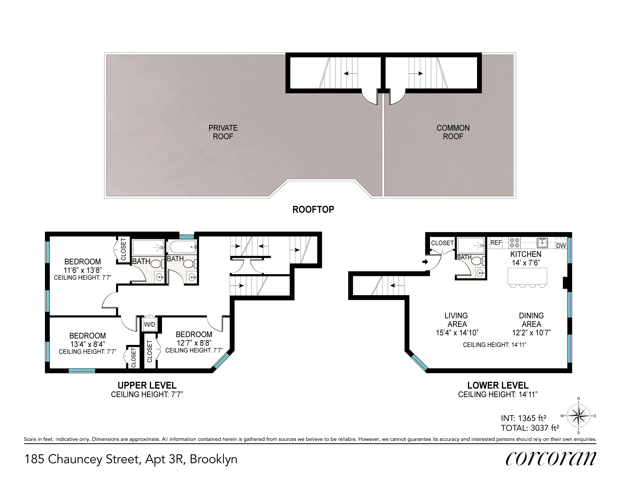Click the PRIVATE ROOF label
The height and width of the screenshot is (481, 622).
(x=223, y=132)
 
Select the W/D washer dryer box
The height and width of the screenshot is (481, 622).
(x=149, y=324)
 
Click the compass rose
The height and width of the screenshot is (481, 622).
(x=578, y=416)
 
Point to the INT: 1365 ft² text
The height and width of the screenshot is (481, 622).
(x=523, y=418)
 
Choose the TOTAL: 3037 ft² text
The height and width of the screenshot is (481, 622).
(x=530, y=428)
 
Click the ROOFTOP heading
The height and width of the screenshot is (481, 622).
(x=313, y=210)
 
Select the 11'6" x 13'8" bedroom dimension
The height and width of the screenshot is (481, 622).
(x=83, y=270)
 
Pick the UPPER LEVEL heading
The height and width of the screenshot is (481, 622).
(x=147, y=385)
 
